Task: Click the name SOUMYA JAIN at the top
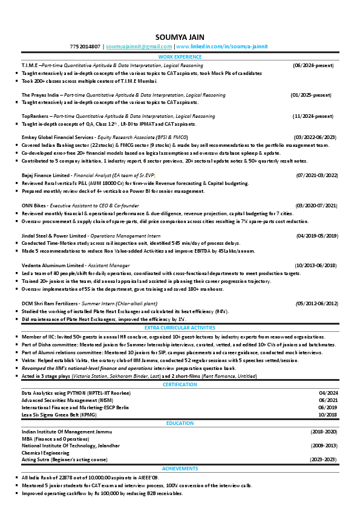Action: point(180,36)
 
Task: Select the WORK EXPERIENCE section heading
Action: point(180,56)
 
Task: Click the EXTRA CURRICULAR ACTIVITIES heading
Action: point(180,327)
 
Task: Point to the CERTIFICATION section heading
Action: point(180,384)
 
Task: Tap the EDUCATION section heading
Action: point(180,424)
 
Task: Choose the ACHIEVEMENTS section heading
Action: point(180,468)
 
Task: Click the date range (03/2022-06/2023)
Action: point(315,137)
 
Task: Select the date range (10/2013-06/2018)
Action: point(316,265)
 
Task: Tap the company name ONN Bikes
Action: point(34,205)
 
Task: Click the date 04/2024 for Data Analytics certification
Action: point(327,392)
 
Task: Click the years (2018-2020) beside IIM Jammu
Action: point(324,432)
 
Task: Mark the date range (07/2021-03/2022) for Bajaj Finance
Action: point(316,175)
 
